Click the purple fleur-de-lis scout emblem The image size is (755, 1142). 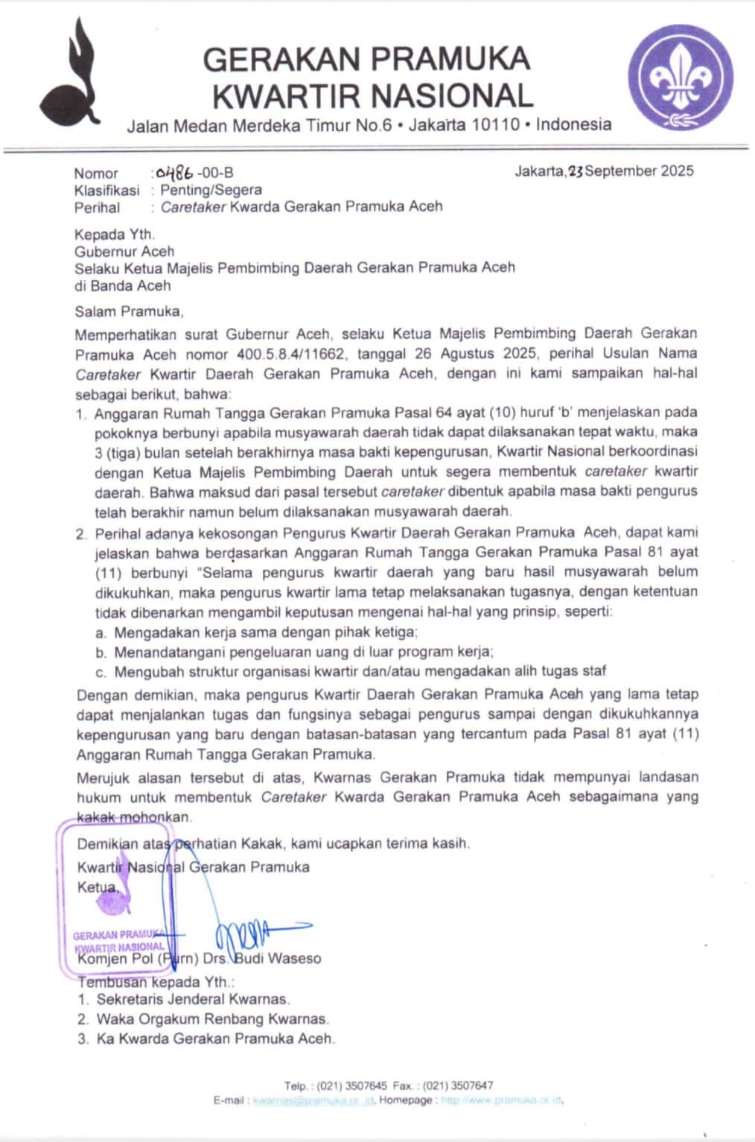tap(681, 77)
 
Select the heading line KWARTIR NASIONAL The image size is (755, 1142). tap(373, 96)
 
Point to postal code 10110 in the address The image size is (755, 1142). tap(495, 124)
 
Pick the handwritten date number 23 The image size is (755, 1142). tap(575, 171)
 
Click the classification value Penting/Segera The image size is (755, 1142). tap(211, 190)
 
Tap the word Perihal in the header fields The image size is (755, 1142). tap(97, 207)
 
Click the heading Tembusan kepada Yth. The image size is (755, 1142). tap(155, 981)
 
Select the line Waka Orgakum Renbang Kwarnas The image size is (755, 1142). tap(212, 1018)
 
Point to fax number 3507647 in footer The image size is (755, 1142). tap(472, 1085)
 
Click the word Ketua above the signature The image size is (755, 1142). tap(97, 886)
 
